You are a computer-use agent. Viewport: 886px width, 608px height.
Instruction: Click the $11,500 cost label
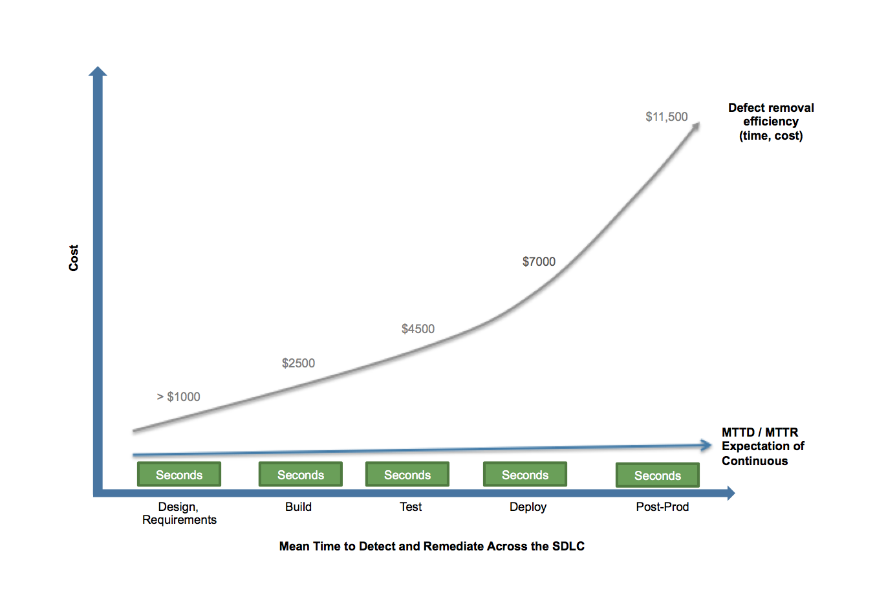pyautogui.click(x=666, y=117)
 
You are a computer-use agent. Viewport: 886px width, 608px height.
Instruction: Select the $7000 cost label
pyautogui.click(x=539, y=262)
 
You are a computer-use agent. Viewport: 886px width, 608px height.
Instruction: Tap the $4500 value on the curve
pyautogui.click(x=418, y=329)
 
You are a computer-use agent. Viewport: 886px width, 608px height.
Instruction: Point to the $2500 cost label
pyautogui.click(x=298, y=364)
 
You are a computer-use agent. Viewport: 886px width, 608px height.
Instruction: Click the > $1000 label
pyautogui.click(x=178, y=397)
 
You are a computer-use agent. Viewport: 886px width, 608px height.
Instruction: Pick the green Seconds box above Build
pyautogui.click(x=301, y=475)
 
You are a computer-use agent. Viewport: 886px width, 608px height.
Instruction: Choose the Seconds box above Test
pyautogui.click(x=407, y=475)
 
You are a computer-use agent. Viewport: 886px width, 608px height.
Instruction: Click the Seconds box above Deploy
pyautogui.click(x=525, y=475)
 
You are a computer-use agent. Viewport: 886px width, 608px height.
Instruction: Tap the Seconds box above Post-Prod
pyautogui.click(x=658, y=475)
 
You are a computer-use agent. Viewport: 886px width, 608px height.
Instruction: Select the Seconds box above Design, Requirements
pyautogui.click(x=179, y=475)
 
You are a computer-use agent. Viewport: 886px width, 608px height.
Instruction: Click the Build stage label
pyautogui.click(x=298, y=507)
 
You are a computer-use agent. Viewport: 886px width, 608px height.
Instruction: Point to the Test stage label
pyautogui.click(x=411, y=507)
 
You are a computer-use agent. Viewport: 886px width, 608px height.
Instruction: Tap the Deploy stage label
pyautogui.click(x=528, y=507)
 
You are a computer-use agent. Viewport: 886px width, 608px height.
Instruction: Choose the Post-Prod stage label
pyautogui.click(x=662, y=507)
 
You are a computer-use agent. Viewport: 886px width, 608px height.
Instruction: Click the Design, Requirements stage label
pyautogui.click(x=179, y=514)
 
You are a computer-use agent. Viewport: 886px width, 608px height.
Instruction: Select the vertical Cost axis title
pyautogui.click(x=74, y=258)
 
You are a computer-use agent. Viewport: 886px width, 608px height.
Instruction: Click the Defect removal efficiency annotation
pyautogui.click(x=771, y=122)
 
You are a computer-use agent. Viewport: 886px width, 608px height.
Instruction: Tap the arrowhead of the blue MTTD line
pyautogui.click(x=706, y=445)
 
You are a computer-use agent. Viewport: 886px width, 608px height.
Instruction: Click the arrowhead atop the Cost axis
pyautogui.click(x=98, y=71)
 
